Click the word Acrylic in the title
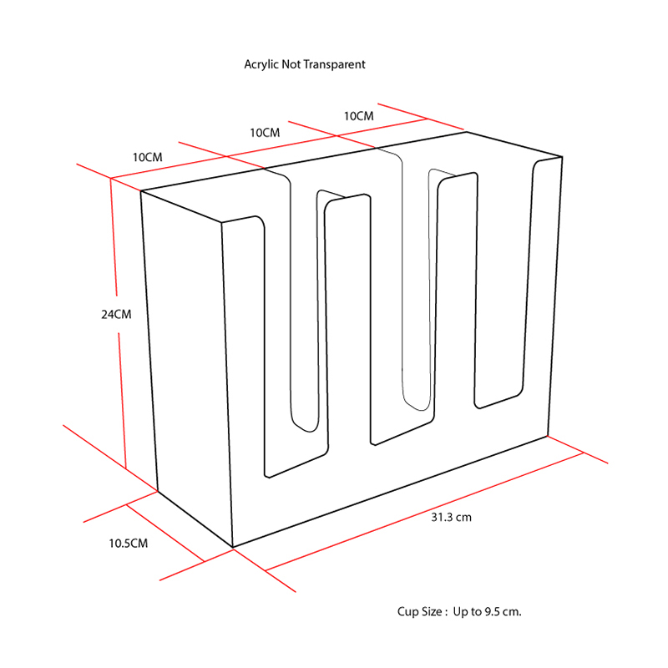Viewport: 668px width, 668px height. click(261, 64)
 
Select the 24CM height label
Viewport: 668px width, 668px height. click(116, 315)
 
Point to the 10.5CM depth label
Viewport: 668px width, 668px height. click(129, 544)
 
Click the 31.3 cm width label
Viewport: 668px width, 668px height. click(451, 517)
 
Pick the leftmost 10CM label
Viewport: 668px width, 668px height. click(148, 157)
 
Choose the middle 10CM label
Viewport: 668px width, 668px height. click(265, 133)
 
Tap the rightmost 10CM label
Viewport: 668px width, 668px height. click(359, 116)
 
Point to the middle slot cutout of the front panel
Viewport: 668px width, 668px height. click(402, 311)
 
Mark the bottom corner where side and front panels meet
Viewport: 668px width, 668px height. click(233, 548)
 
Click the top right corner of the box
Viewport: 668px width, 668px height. click(562, 157)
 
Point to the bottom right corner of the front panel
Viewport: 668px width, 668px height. click(548, 436)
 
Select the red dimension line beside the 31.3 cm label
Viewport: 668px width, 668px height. click(424, 512)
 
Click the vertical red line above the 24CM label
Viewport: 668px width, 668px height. click(114, 236)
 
